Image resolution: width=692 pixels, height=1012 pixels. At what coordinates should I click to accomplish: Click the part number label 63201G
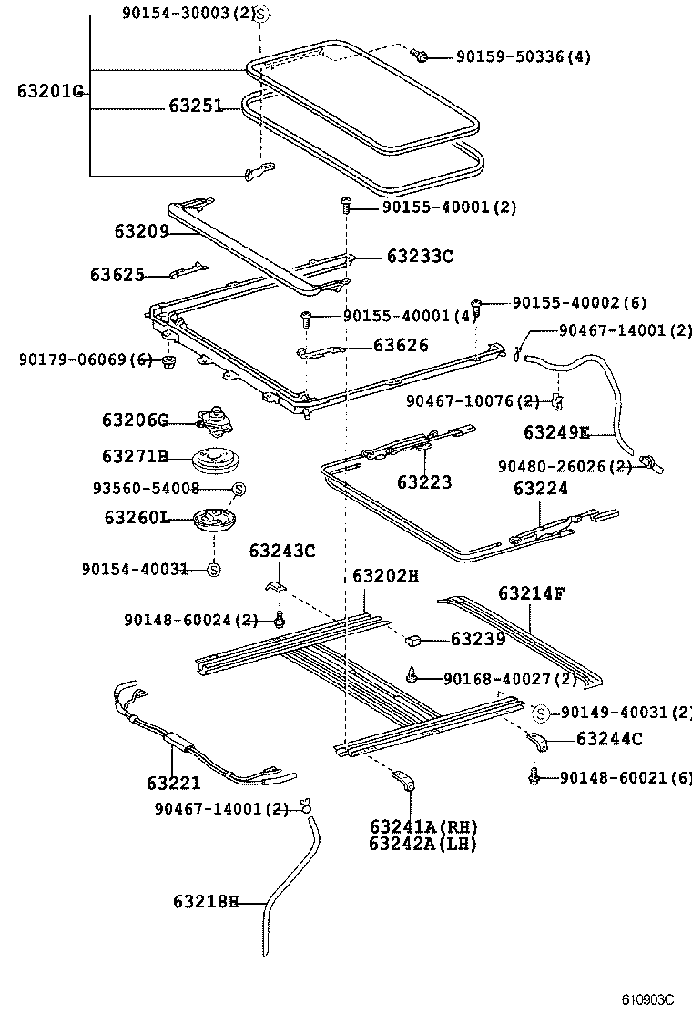tap(50, 91)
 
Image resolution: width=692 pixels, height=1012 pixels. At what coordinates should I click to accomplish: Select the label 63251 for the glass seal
tap(195, 106)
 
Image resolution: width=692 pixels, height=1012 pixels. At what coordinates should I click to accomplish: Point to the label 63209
tap(141, 231)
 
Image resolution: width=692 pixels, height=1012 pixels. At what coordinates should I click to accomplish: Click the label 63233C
tap(419, 257)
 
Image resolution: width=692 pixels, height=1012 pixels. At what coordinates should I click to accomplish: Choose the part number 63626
tap(401, 346)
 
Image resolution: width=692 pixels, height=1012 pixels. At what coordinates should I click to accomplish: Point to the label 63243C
tap(282, 551)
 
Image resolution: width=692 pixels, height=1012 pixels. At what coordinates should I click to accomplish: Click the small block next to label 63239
tap(412, 641)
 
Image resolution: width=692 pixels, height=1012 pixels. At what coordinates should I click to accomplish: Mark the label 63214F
tap(532, 593)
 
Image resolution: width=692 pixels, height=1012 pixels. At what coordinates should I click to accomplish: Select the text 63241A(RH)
tap(422, 826)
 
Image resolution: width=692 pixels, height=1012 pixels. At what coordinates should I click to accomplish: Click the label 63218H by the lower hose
tap(206, 902)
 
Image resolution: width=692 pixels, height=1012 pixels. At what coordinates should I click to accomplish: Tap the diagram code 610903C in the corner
tap(647, 998)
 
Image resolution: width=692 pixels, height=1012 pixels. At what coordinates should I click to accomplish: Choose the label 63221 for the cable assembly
tap(173, 783)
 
